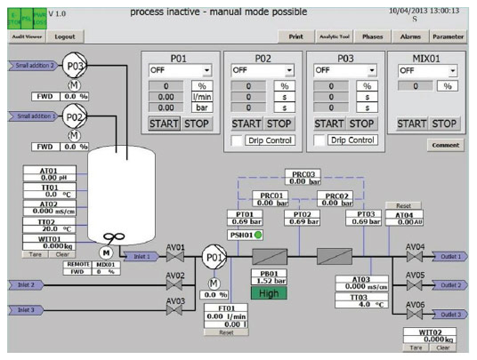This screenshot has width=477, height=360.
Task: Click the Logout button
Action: [64, 36]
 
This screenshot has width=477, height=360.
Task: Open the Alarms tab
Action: [410, 36]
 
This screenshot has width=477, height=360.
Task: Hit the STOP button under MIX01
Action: [444, 123]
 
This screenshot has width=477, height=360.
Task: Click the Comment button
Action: [445, 145]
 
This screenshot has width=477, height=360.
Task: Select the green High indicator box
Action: [269, 293]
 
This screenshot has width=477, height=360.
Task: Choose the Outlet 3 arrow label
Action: [450, 315]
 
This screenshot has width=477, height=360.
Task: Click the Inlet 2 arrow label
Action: [25, 284]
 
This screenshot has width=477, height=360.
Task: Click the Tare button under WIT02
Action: [413, 346]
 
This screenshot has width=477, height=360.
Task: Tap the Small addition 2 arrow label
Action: [31, 65]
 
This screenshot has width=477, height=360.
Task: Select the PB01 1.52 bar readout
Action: [269, 277]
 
